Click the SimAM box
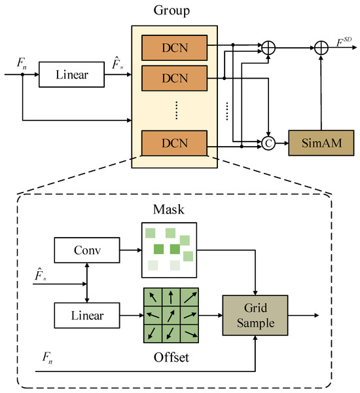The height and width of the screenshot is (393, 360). click(x=320, y=141)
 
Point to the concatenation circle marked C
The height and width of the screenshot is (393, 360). click(x=268, y=141)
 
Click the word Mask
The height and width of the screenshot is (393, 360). click(x=170, y=212)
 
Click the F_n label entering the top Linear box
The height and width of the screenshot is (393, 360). click(x=21, y=64)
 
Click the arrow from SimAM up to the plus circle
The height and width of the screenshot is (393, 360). click(x=321, y=92)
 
